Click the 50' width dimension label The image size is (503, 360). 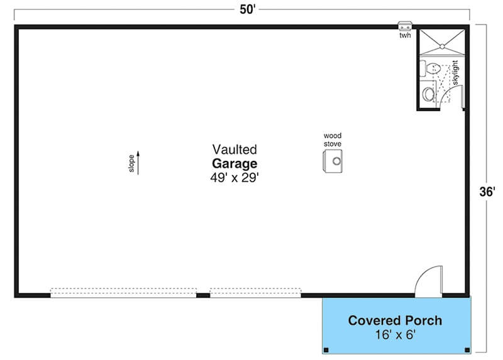pos(247,9)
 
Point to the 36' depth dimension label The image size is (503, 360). pos(487,192)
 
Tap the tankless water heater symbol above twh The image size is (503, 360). pos(405,26)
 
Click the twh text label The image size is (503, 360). pos(405,35)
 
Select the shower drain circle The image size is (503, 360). pos(442,46)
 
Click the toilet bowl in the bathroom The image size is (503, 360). pos(433,68)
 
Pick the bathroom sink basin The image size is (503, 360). pos(428,94)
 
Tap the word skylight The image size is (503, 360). pos(455,73)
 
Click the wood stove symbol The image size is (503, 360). pos(333,161)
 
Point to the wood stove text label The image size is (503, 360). pos(333,139)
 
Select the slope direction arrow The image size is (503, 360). pos(138,163)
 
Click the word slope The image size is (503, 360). pos(131,163)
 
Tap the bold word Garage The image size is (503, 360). pos(235,163)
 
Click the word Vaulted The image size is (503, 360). pos(235,150)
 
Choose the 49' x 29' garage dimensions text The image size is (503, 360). pos(235,178)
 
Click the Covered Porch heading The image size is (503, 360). pos(395,320)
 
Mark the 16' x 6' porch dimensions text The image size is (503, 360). pos(395,335)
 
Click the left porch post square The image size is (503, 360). pos(326,350)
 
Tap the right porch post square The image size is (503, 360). pos(467,350)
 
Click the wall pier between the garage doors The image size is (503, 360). pos(203,295)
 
